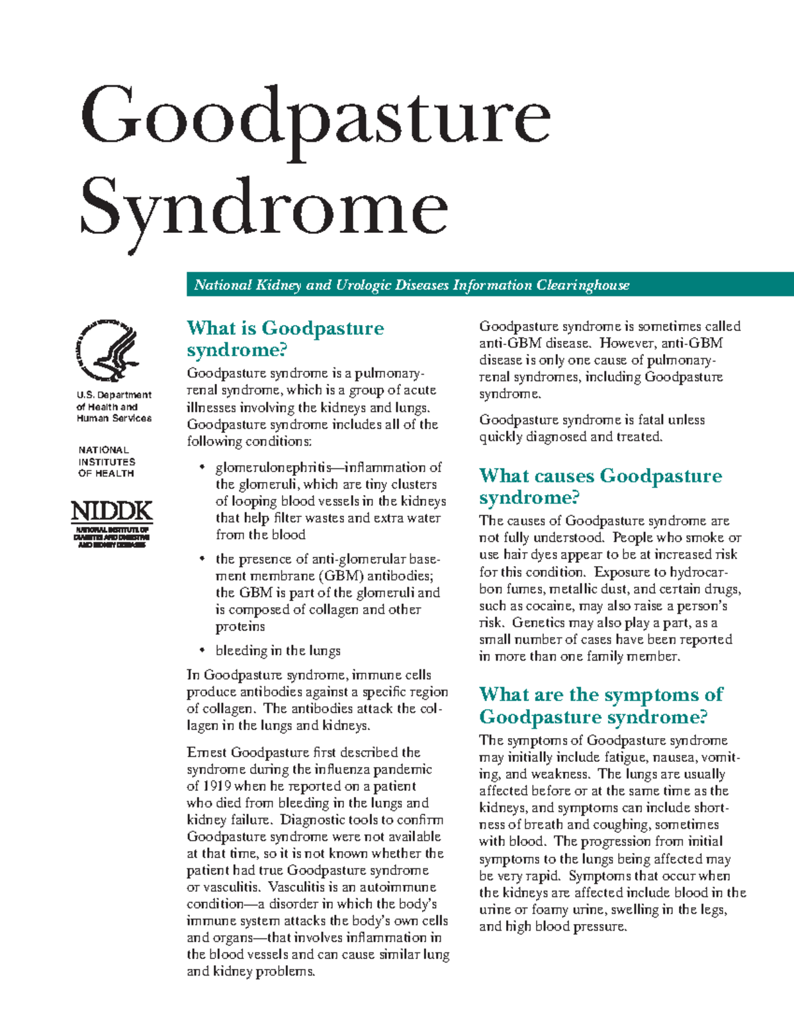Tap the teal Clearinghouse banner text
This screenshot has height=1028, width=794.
[411, 285]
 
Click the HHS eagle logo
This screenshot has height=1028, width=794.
[108, 351]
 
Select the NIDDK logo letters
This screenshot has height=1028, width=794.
[111, 511]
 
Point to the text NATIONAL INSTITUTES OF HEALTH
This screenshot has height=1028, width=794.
[106, 461]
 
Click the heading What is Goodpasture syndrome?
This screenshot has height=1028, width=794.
[285, 338]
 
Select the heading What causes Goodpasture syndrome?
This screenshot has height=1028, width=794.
[600, 486]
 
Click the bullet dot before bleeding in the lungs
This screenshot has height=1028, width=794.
[202, 651]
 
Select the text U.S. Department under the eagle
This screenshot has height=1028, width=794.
[114, 395]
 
